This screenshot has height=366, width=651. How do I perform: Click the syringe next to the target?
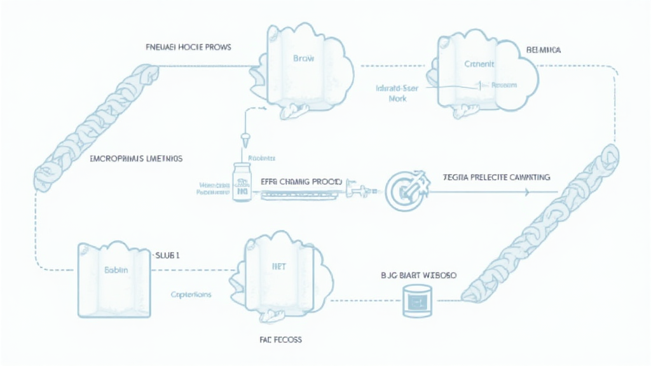point(359,189)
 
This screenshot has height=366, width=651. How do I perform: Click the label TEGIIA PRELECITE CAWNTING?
point(496,178)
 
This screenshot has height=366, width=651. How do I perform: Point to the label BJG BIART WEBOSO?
point(413,276)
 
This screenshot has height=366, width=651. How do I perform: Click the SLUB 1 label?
point(167,255)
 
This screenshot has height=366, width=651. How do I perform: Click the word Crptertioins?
point(191,295)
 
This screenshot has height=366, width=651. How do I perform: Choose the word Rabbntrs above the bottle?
point(261,156)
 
